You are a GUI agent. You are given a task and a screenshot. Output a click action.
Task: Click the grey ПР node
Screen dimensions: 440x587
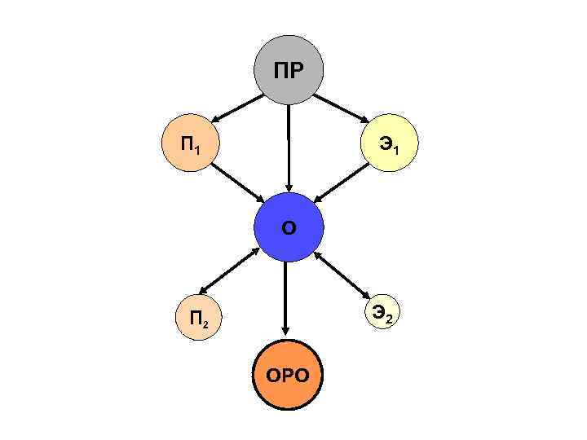pyautogui.click(x=288, y=69)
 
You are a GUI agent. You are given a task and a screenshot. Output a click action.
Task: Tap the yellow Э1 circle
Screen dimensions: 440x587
pyautogui.click(x=390, y=147)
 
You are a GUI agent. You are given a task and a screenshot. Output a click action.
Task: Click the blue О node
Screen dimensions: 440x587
pyautogui.click(x=289, y=227)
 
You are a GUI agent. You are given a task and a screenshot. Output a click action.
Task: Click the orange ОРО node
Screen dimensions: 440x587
pyautogui.click(x=287, y=375)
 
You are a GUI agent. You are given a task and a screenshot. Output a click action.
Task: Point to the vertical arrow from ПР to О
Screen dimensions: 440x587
pyautogui.click(x=288, y=147)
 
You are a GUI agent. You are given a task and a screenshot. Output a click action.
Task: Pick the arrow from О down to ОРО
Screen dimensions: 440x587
pyautogui.click(x=285, y=297)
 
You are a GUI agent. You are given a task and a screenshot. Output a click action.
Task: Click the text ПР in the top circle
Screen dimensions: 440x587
pyautogui.click(x=288, y=70)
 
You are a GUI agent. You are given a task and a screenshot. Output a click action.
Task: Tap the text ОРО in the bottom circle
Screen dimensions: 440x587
pyautogui.click(x=287, y=376)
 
